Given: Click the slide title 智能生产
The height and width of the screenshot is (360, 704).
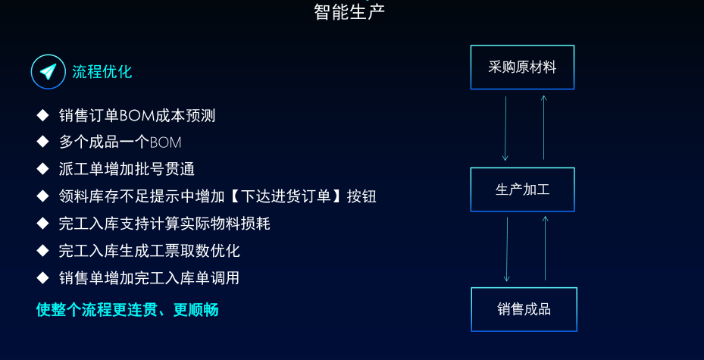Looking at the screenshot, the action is point(349,12).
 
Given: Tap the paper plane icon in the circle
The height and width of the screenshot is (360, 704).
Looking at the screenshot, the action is point(48,71).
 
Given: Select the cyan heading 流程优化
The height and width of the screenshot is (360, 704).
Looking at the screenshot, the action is point(102,72).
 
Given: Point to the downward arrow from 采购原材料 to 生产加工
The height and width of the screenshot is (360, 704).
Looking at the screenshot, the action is point(505,128).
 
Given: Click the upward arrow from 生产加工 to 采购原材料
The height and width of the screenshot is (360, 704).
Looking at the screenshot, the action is point(543,127).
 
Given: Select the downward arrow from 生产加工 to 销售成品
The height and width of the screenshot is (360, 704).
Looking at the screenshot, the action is point(507,249).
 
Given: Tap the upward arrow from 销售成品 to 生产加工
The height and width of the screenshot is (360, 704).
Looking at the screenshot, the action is point(546,249).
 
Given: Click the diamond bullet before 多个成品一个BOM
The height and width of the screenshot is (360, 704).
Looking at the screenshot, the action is point(42,142).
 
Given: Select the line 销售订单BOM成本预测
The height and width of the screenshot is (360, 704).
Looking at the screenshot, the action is point(137,116).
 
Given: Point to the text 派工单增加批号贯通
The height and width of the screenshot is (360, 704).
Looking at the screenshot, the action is point(127,169).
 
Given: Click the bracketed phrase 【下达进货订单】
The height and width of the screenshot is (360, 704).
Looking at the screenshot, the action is point(287,196).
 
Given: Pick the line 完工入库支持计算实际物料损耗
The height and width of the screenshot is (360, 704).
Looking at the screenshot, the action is point(164,224).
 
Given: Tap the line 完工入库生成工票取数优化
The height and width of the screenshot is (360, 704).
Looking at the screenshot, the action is point(149,250).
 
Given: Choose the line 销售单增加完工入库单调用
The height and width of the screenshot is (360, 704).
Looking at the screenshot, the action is point(149,278).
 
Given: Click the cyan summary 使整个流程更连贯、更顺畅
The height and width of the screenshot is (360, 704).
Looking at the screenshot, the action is point(127,310).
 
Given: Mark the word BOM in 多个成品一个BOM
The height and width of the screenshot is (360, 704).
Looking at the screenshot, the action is point(165,142).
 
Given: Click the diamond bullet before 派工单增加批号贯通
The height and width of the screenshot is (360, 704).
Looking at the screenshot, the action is point(42,169).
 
